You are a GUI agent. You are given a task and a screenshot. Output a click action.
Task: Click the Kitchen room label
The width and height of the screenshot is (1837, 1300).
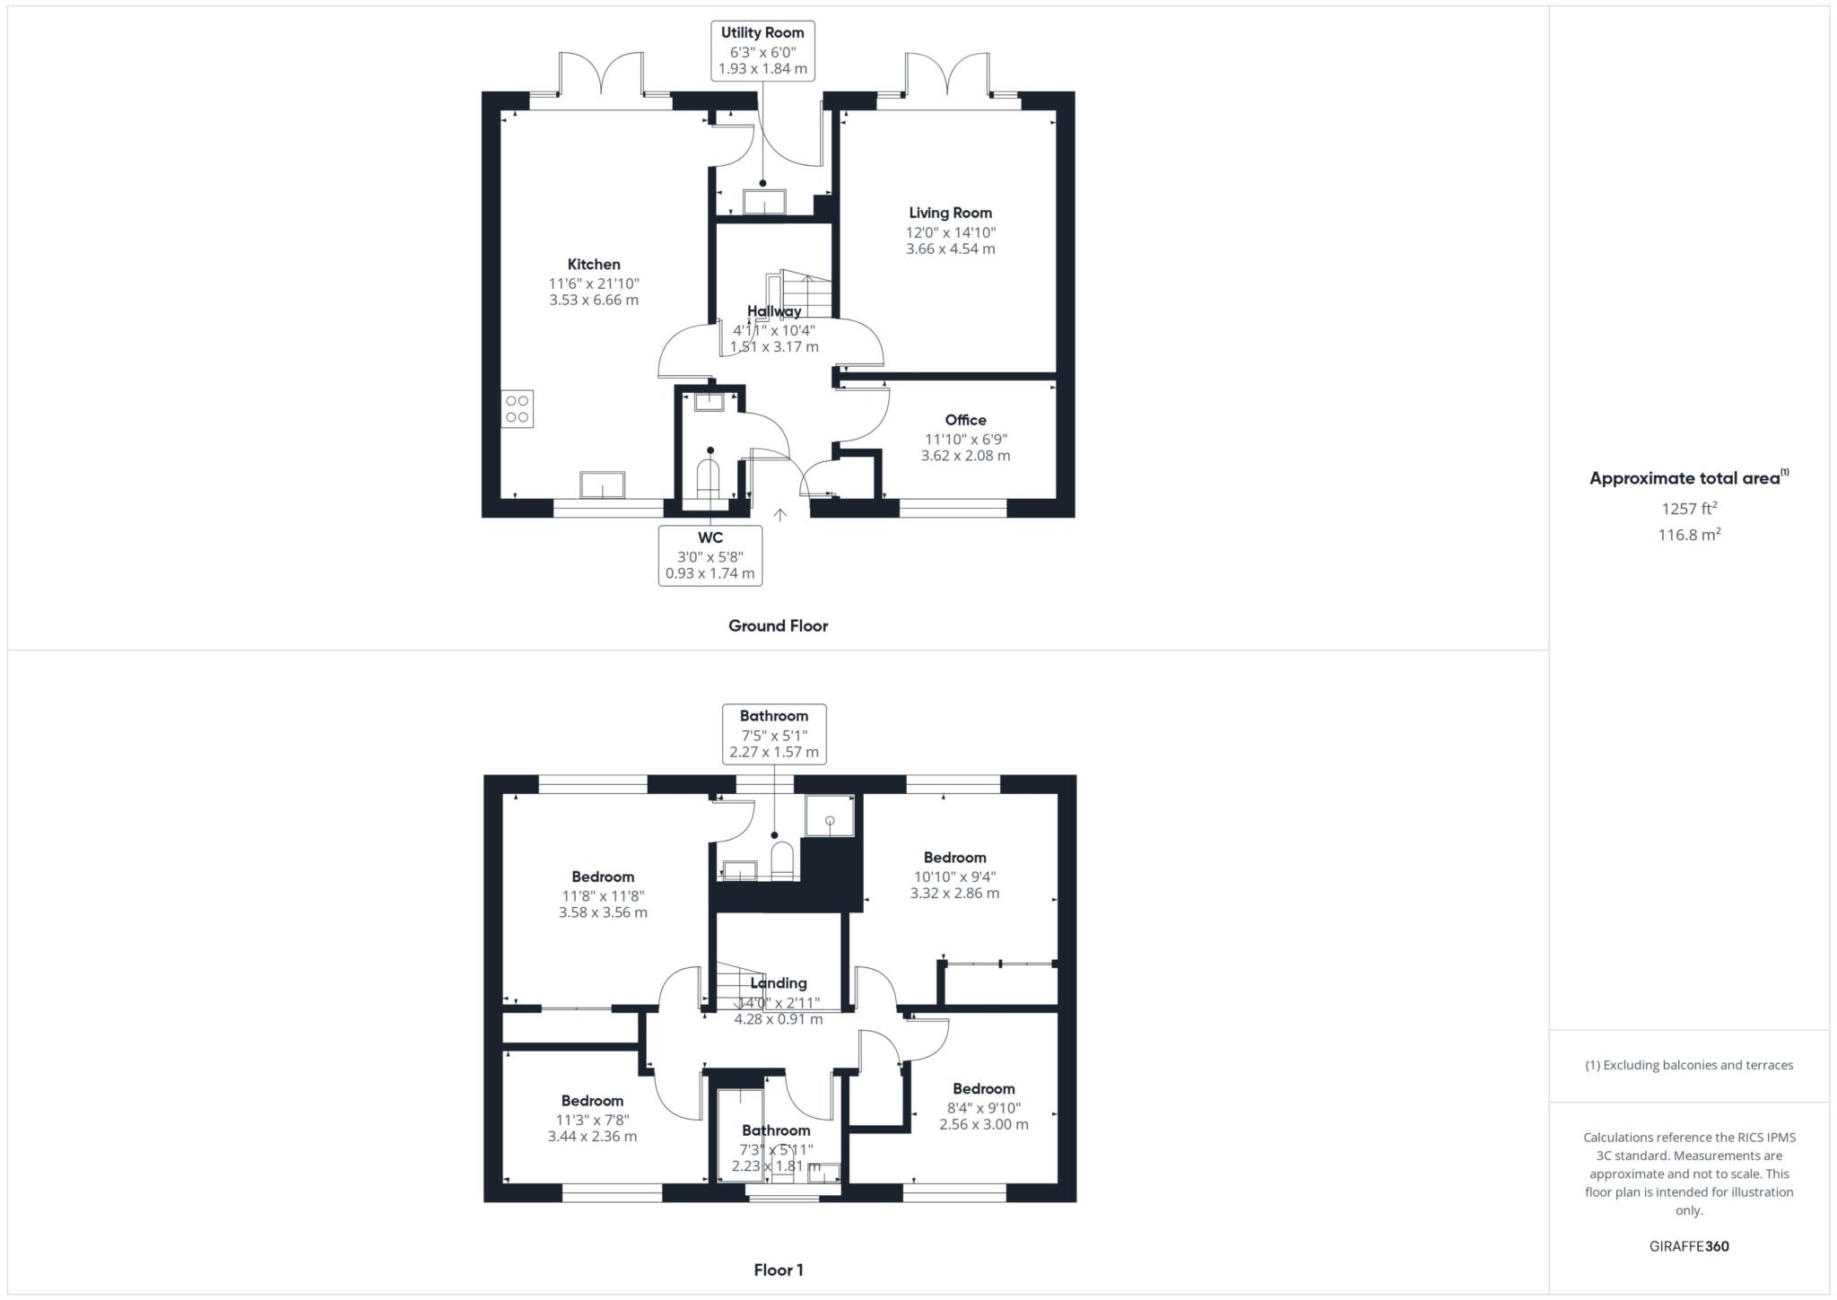(x=594, y=264)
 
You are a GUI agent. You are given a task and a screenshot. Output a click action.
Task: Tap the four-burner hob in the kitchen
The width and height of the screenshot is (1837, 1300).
(x=517, y=408)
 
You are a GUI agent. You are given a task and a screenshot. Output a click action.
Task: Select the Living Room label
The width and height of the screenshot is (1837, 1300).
(x=950, y=213)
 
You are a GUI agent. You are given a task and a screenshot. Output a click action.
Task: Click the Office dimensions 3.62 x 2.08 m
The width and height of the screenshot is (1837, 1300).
(x=965, y=456)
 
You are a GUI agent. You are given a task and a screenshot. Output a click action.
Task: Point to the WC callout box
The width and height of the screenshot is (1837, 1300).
(x=710, y=555)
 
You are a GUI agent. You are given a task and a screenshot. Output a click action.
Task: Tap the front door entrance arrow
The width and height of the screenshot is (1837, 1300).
(x=780, y=515)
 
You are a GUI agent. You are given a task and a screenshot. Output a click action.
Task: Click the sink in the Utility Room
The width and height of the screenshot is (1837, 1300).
(x=764, y=202)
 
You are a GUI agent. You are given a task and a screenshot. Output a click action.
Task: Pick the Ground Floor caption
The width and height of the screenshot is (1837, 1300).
(x=778, y=626)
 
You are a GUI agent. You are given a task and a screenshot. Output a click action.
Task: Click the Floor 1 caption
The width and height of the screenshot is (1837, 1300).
(x=778, y=1269)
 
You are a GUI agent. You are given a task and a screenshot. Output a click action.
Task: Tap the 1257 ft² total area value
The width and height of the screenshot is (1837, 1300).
(x=1689, y=509)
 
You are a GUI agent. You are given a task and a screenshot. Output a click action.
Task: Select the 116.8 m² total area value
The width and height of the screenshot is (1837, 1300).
(x=1689, y=535)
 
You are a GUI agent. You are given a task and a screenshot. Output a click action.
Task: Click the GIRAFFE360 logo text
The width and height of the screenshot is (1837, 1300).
(x=1689, y=1246)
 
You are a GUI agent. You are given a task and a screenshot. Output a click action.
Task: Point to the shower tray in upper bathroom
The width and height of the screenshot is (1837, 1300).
(x=830, y=816)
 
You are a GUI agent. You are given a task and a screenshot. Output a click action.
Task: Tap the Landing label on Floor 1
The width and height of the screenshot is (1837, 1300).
(x=778, y=983)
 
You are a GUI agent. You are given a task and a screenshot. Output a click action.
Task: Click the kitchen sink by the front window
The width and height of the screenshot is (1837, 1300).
(x=603, y=484)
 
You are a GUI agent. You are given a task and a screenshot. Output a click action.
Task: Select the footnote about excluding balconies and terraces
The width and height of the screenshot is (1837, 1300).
(x=1689, y=1065)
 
